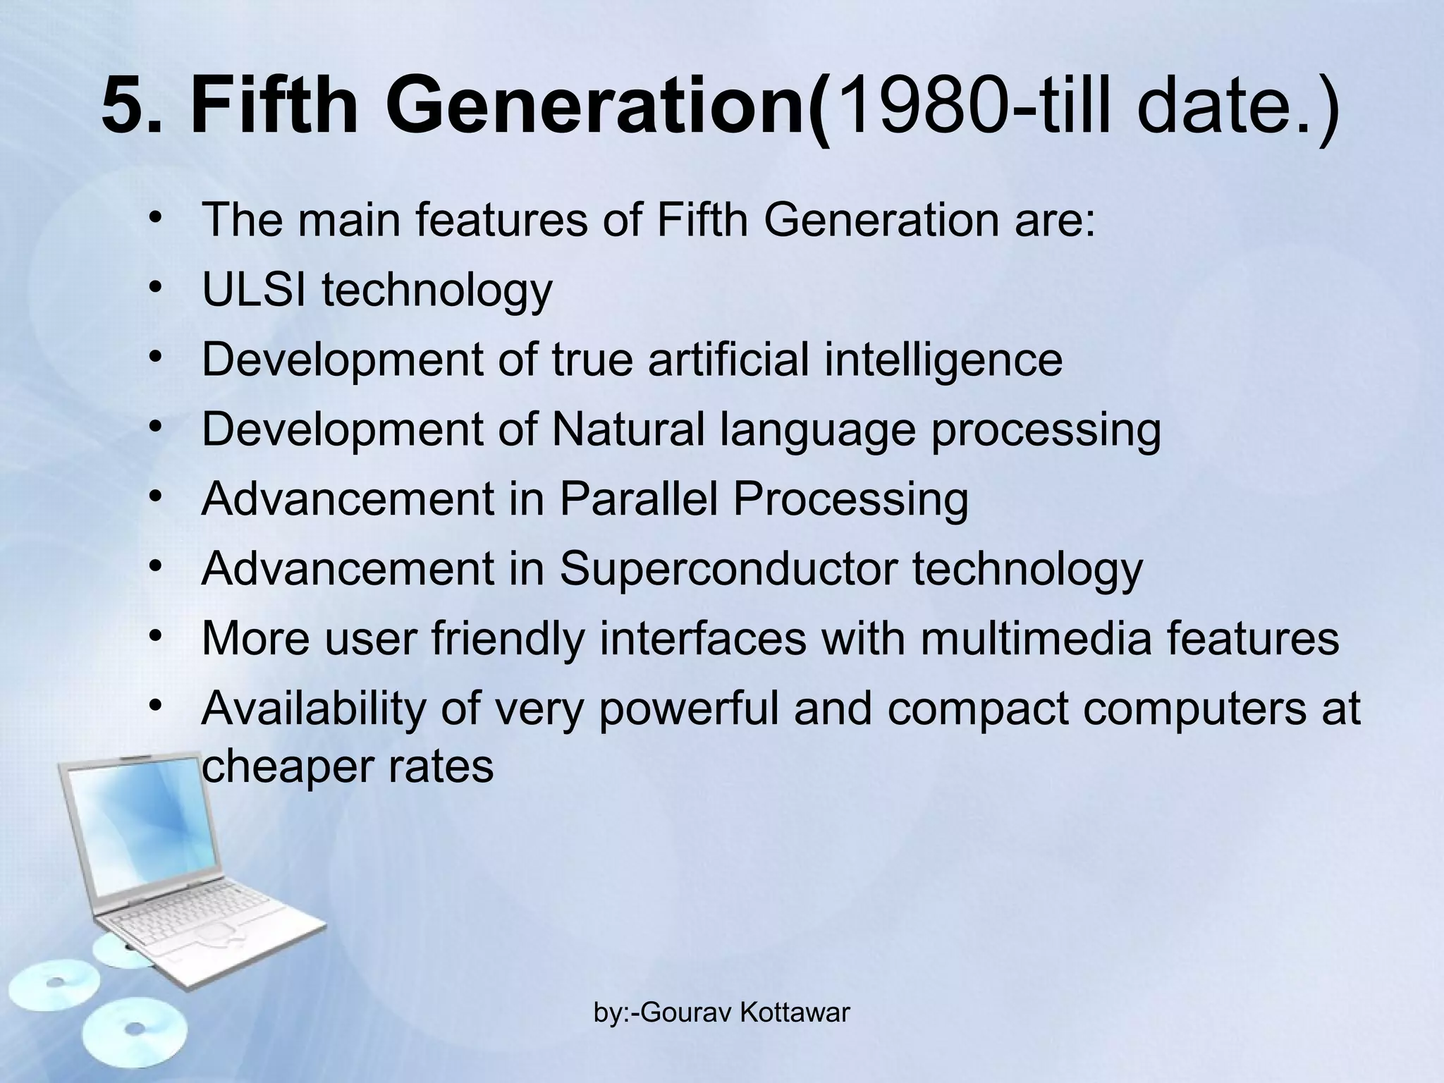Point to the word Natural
point(628,429)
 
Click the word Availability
point(314,708)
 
